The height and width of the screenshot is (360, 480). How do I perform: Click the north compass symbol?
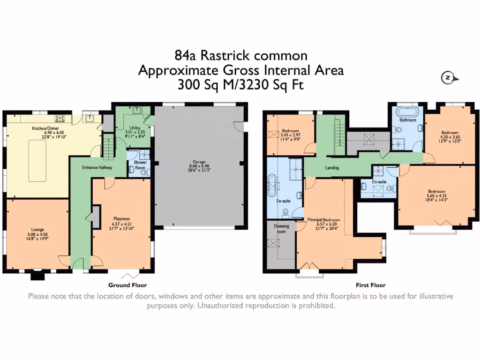click(448, 78)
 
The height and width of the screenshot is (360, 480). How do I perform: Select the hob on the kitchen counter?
click(60, 118)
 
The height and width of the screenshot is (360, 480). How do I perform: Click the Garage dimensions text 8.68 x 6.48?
click(199, 166)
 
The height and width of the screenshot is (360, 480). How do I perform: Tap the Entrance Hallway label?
click(97, 167)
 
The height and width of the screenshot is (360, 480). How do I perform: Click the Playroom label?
click(121, 218)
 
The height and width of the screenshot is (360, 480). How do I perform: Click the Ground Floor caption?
click(127, 285)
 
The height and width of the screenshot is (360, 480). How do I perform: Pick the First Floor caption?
click(370, 285)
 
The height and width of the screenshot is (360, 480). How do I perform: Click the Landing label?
click(331, 167)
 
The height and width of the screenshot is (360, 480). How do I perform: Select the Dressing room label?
click(281, 228)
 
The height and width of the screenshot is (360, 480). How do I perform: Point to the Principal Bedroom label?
click(323, 219)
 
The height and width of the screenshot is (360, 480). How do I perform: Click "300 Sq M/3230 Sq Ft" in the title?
click(240, 85)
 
